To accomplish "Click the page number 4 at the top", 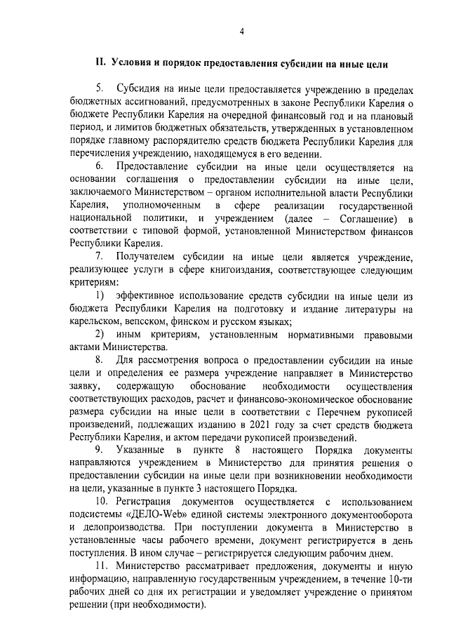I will coord(241,31).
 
